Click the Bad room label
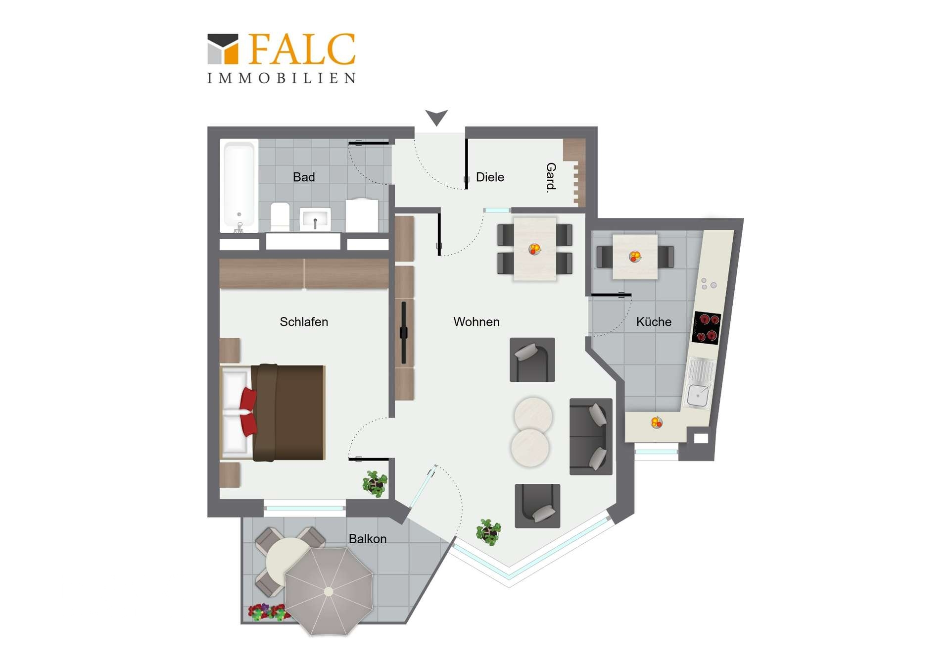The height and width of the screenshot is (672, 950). (304, 177)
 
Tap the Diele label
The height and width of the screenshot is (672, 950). (490, 177)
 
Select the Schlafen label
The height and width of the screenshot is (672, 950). (304, 322)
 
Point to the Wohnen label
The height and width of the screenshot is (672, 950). (476, 322)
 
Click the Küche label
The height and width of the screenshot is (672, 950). (654, 322)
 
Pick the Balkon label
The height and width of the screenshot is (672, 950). (368, 539)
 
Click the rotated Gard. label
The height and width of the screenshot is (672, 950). (551, 177)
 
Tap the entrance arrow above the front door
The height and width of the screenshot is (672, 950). (436, 117)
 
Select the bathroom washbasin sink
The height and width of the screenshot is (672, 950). (315, 219)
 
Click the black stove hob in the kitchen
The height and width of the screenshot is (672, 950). (706, 328)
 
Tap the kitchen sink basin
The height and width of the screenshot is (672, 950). (698, 396)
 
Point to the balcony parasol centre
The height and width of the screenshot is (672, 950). (329, 591)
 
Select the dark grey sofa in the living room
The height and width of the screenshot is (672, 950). (591, 436)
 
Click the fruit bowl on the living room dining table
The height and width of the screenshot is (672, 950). (534, 249)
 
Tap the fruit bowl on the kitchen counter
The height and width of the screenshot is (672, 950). (656, 422)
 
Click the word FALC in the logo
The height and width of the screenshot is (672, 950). (302, 49)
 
